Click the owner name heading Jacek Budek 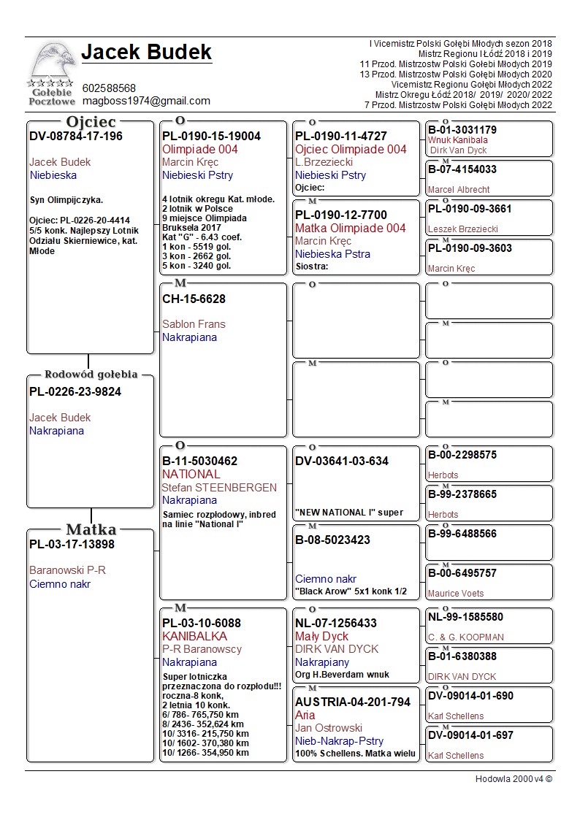pyautogui.click(x=146, y=53)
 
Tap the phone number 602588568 pyautogui.click(x=109, y=88)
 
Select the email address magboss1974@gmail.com pyautogui.click(x=146, y=101)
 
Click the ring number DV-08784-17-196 pyautogui.click(x=76, y=137)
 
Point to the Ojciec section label pyautogui.click(x=91, y=122)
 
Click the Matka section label pyautogui.click(x=91, y=529)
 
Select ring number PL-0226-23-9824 pyautogui.click(x=75, y=392)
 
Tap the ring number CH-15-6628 pyautogui.click(x=194, y=299)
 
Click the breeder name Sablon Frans pyautogui.click(x=194, y=324)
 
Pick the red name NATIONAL pyautogui.click(x=191, y=474)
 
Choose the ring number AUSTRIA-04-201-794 pyautogui.click(x=353, y=702)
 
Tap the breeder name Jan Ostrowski pyautogui.click(x=329, y=728)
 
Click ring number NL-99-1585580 pyautogui.click(x=465, y=617)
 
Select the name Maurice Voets pyautogui.click(x=456, y=594)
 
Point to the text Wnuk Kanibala pyautogui.click(x=457, y=140)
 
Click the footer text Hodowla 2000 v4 pyautogui.click(x=514, y=779)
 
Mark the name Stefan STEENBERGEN pyautogui.click(x=219, y=487)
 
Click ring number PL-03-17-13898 pyautogui.click(x=72, y=545)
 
